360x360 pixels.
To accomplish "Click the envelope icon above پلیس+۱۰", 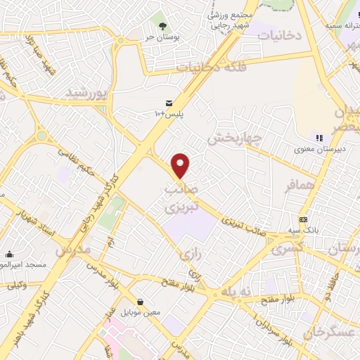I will coord(169,103).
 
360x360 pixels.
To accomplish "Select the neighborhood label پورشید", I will coord(89,93).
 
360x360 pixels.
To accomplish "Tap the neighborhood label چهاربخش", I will coord(235,137).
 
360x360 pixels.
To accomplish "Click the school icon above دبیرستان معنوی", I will coord(319,138).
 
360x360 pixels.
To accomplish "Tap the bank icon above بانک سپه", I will coord(303,219).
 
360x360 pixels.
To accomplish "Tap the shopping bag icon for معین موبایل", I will coord(141,302).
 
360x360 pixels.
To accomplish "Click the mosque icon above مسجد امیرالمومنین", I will coord(10,254).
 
